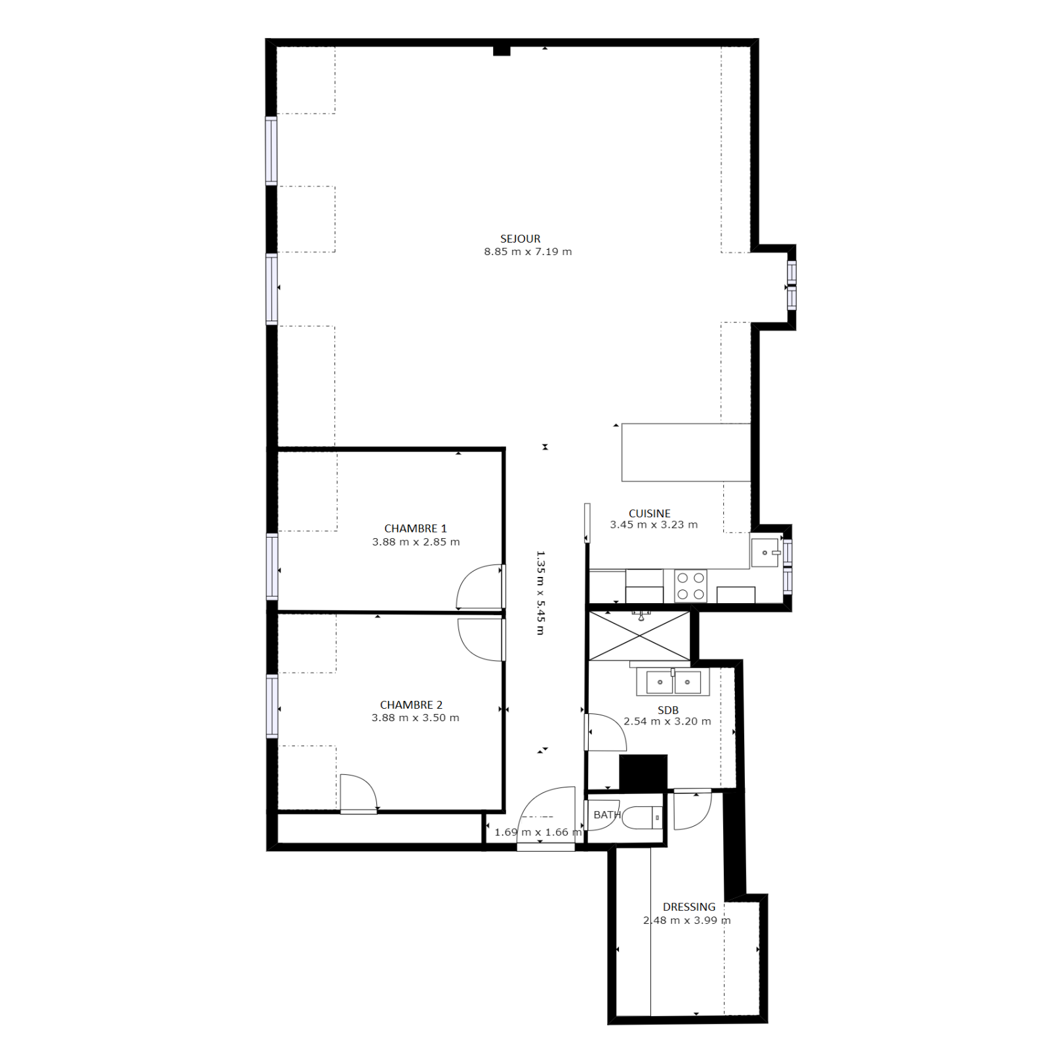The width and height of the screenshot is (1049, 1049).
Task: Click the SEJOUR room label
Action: (520, 239)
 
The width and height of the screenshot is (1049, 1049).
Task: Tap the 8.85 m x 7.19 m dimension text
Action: (528, 252)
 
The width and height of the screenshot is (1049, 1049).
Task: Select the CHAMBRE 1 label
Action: (415, 528)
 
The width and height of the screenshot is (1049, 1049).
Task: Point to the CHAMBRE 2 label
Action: (411, 705)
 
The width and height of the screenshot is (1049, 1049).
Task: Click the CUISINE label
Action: (649, 513)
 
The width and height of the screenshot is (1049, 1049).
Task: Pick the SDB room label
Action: (668, 710)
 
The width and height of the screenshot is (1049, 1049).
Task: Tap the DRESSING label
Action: (689, 907)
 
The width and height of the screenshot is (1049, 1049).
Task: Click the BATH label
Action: (606, 815)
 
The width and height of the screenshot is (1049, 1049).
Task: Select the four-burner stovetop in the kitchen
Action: (690, 586)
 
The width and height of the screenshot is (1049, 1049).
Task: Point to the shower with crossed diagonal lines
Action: (639, 636)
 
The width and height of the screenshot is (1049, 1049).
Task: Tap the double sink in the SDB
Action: (673, 682)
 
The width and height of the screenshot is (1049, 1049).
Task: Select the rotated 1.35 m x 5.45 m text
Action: (541, 593)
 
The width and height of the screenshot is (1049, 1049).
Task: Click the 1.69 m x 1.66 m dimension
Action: (538, 832)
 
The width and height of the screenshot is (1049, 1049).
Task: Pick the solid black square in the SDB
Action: (643, 773)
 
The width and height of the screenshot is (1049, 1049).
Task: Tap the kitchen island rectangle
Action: (686, 452)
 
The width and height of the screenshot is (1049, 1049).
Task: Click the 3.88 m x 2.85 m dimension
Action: (416, 542)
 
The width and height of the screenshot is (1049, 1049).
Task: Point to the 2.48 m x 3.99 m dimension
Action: (686, 920)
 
